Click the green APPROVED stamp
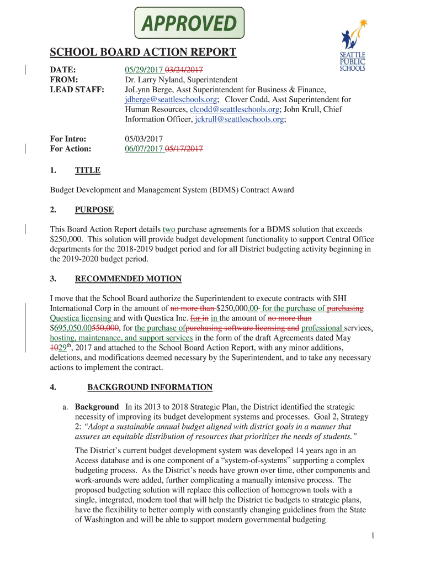189,24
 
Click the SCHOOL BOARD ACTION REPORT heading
143,53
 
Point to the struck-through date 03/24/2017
184,70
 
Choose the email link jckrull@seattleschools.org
240,119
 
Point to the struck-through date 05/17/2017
184,149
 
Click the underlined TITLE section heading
88,170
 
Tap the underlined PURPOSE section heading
94,209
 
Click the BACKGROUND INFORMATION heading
150,387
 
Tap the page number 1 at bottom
373,535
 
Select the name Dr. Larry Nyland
152,80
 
